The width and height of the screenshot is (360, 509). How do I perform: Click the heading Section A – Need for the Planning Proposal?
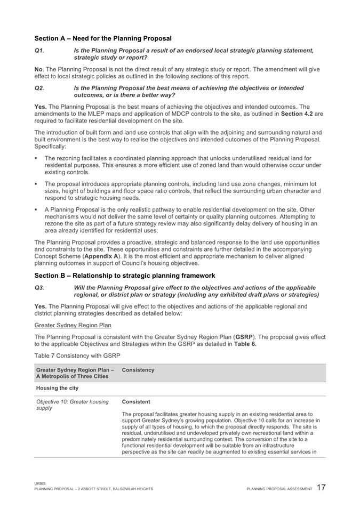[103, 38]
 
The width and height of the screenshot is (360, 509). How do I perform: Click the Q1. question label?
[38, 50]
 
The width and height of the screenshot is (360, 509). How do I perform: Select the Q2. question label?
[38, 88]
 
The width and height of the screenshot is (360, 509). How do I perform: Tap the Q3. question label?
[38, 287]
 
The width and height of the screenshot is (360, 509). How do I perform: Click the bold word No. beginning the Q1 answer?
[39, 70]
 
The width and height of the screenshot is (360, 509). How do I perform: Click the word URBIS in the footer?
[40, 484]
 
